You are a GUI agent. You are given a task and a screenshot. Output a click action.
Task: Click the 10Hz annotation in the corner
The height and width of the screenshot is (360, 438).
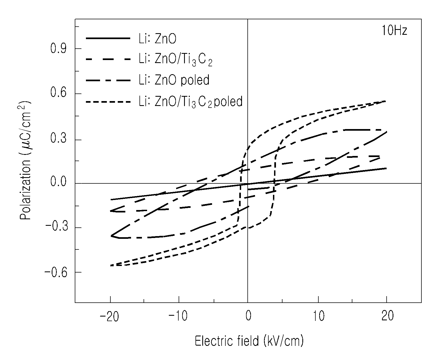tap(394, 31)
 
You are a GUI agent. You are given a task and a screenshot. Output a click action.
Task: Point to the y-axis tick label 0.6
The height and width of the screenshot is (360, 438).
tap(58, 92)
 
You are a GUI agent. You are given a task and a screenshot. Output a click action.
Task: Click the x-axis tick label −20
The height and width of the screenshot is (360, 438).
tap(110, 316)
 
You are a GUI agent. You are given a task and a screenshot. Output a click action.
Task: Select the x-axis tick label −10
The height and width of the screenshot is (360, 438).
tap(178, 316)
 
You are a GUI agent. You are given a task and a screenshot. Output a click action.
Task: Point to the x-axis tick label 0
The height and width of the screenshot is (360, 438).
tap(248, 316)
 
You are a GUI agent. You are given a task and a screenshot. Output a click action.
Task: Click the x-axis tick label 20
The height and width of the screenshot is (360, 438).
tap(387, 316)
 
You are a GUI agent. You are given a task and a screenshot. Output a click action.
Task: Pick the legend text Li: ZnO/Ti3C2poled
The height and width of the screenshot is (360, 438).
tap(191, 102)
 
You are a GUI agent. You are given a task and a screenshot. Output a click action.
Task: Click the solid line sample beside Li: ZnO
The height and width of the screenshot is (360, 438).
tap(108, 38)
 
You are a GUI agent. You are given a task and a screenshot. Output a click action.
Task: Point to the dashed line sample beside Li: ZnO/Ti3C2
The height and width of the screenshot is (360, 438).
tap(108, 59)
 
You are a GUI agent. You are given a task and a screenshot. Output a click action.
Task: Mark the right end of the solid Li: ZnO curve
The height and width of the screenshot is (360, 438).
tap(386, 168)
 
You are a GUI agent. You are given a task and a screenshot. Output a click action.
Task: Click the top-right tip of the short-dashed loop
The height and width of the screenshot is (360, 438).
tap(386, 101)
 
